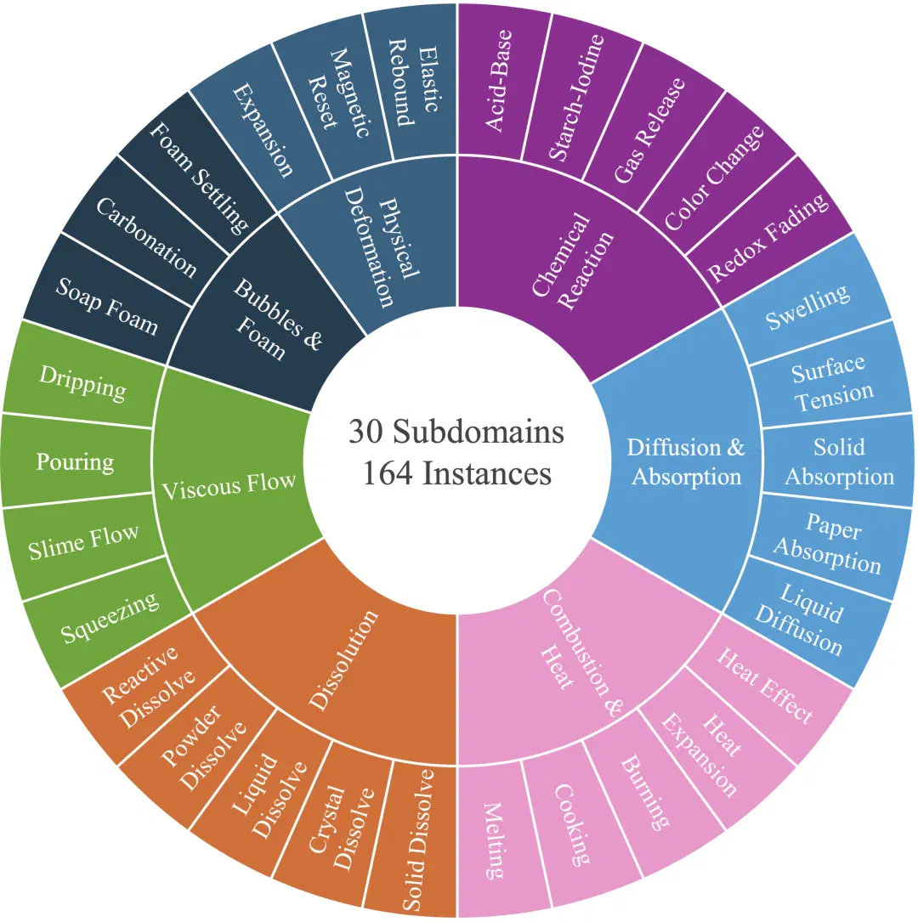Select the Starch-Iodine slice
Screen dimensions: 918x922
[576, 98]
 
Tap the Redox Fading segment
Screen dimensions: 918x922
[768, 236]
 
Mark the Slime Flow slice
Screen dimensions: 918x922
[83, 541]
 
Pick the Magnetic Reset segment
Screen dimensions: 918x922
[339, 94]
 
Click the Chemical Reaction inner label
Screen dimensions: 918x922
[571, 261]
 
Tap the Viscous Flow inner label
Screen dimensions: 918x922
[229, 485]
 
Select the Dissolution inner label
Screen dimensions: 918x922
[343, 659]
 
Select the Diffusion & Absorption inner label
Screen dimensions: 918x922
[686, 461]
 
